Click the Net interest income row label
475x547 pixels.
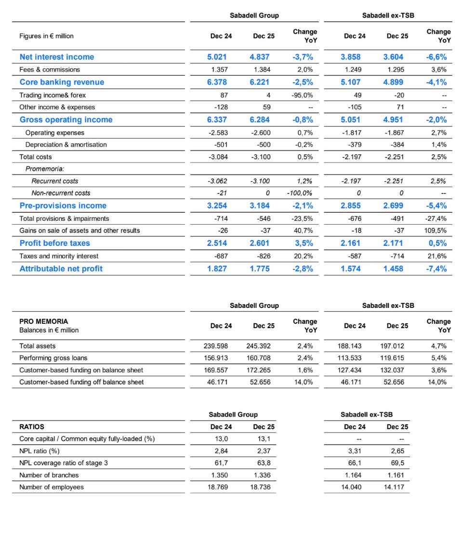pos(57,57)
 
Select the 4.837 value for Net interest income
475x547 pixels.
pos(260,57)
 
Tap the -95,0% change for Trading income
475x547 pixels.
pos(303,95)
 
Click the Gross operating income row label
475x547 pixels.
pos(66,120)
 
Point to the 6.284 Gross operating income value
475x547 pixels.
pos(260,120)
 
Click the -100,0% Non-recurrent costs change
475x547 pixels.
pos(300,193)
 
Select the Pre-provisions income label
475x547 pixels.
pos(63,205)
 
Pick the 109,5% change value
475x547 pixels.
pos(435,230)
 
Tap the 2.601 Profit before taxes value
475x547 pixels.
pos(260,243)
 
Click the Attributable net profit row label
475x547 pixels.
pos(61,268)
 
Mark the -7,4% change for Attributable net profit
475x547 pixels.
pos(437,268)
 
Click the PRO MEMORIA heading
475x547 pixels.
pos(44,321)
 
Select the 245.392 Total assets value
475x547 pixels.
pos(259,346)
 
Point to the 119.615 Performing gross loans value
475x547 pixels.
pos(393,358)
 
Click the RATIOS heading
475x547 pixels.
pos(32,427)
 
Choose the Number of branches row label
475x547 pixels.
pos(49,475)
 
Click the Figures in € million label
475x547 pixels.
pos(46,36)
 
